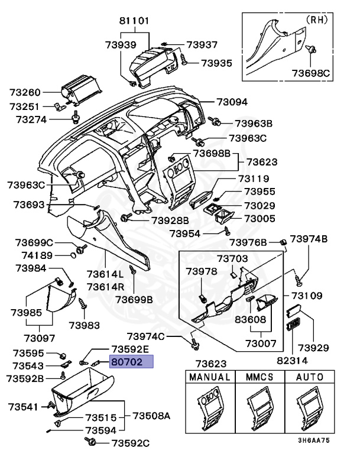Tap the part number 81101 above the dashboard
(134, 21)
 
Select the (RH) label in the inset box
(317, 20)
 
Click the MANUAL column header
(210, 377)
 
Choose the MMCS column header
(260, 377)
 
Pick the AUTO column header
(310, 377)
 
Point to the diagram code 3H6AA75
(314, 440)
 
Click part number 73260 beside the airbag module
(25, 92)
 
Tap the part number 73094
(232, 102)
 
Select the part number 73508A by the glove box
(151, 416)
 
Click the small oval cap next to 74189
(73, 255)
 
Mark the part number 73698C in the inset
(311, 73)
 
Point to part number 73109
(307, 296)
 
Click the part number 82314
(292, 361)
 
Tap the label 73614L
(105, 274)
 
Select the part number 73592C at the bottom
(131, 443)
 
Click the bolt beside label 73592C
(90, 441)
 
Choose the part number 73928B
(170, 220)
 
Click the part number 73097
(39, 338)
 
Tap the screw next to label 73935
(184, 59)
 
